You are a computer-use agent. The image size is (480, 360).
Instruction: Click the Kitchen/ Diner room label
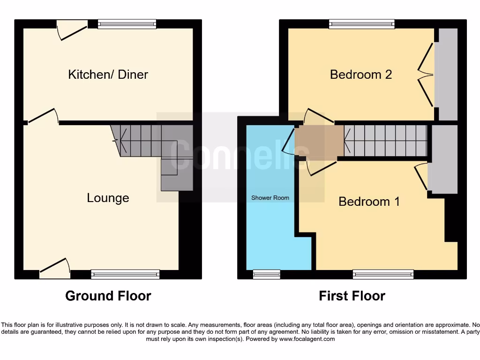pyautogui.click(x=108, y=74)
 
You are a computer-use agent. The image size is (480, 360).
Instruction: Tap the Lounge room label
pyautogui.click(x=108, y=198)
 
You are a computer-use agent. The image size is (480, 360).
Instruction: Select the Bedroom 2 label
pyautogui.click(x=361, y=74)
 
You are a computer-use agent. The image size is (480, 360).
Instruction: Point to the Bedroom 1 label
pyautogui.click(x=369, y=202)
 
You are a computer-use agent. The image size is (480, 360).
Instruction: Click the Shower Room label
pyautogui.click(x=270, y=198)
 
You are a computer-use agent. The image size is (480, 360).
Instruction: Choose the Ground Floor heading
pyautogui.click(x=108, y=296)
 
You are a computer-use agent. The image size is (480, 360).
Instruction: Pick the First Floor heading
pyautogui.click(x=352, y=296)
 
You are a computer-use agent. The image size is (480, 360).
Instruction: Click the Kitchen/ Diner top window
pyautogui.click(x=127, y=24)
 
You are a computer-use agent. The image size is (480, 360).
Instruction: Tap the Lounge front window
pyautogui.click(x=125, y=275)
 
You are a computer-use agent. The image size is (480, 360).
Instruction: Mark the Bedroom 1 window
pyautogui.click(x=383, y=275)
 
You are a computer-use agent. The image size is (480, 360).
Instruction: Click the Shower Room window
pyautogui.click(x=266, y=275)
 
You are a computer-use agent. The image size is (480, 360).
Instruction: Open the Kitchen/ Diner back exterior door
pyautogui.click(x=72, y=29)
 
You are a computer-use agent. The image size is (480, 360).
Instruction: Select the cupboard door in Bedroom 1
pyautogui.click(x=421, y=177)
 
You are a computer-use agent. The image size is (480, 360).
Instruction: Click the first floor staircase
pyautogui.click(x=385, y=141)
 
